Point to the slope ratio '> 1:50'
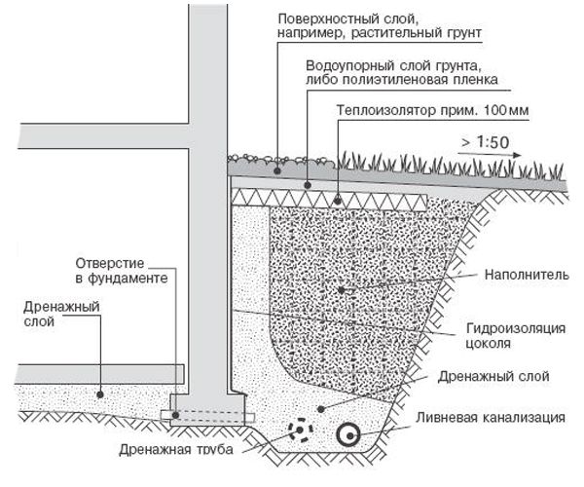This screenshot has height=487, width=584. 486,142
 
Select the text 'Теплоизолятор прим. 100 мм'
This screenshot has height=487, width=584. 432,110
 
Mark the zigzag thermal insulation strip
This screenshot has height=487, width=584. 331,198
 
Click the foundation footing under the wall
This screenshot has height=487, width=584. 205,401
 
